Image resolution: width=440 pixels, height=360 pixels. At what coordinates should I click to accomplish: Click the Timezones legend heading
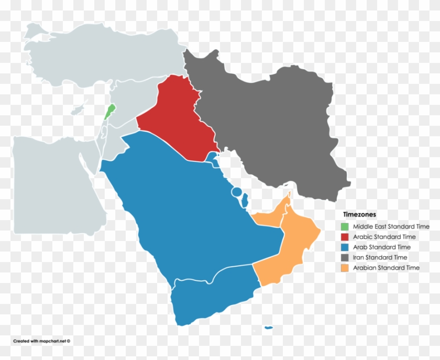coord(359,214)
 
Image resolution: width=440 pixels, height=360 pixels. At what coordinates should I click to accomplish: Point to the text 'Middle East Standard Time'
coord(391,227)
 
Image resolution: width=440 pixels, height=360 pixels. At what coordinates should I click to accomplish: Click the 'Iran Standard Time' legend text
coord(380,257)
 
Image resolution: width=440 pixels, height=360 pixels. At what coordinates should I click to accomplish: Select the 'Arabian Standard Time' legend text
coord(386,268)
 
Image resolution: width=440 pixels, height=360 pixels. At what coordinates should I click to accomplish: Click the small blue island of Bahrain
coord(237,192)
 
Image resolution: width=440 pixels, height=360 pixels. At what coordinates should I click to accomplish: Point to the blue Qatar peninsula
coord(244,199)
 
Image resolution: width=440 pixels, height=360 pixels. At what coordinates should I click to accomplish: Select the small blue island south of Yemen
coord(269,328)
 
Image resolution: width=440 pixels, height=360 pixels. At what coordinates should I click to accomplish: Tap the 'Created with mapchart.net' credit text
coord(41,341)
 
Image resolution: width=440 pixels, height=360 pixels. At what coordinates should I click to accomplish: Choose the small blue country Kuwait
coord(212,157)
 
